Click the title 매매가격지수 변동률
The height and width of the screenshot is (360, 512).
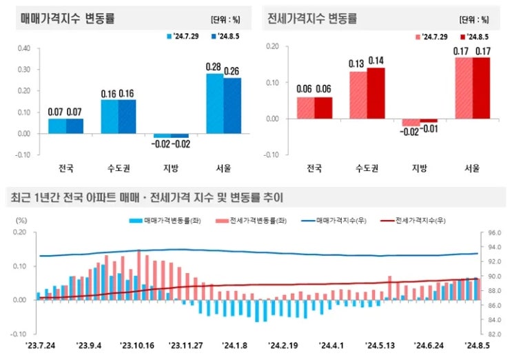[68, 19]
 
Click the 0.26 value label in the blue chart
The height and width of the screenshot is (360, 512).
[232, 71]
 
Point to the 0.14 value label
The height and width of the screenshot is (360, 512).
[376, 61]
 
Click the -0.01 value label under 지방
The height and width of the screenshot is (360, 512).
[429, 129]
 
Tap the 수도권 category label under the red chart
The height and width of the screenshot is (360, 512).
[367, 167]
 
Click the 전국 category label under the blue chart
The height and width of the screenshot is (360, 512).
[65, 167]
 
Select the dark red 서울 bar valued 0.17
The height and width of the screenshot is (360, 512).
[481, 88]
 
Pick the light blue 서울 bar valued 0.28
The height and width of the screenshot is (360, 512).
[215, 103]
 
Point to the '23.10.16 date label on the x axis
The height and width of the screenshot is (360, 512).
[137, 346]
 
